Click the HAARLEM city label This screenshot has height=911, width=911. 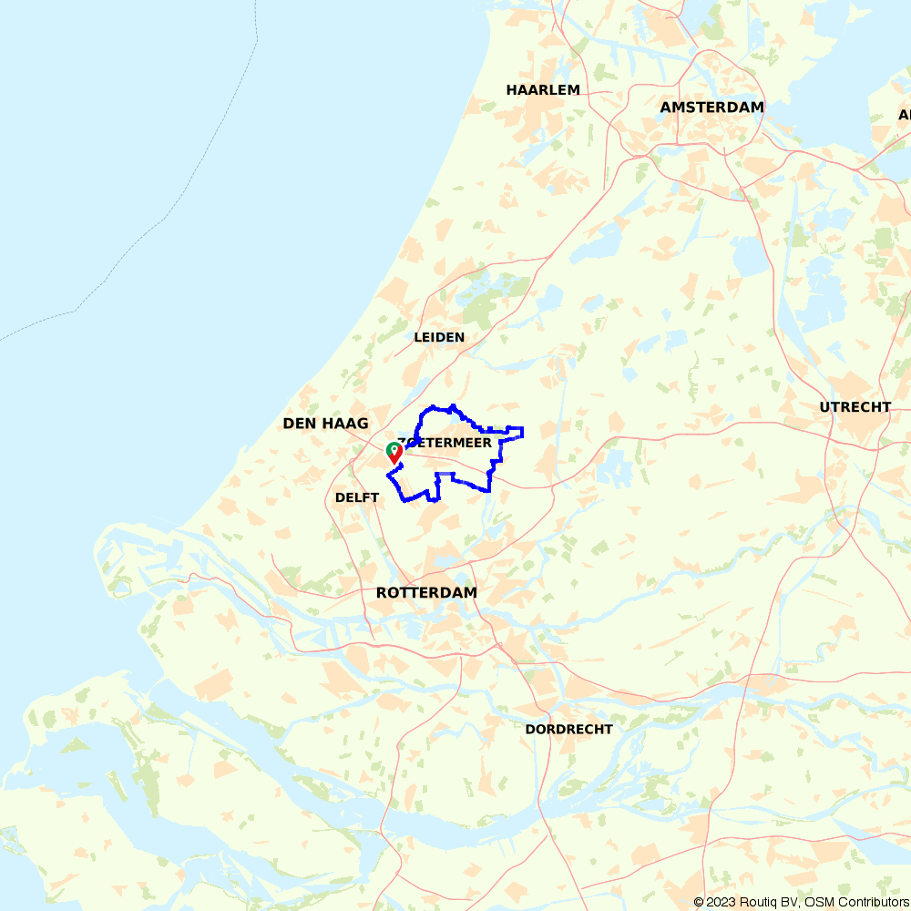[543, 90]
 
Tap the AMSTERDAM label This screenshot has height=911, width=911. [711, 107]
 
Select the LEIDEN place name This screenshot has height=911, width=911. [439, 337]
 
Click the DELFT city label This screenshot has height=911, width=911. [357, 497]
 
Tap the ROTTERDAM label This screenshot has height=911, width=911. [426, 593]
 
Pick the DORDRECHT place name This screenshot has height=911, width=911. [568, 730]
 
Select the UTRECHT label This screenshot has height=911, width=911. [855, 407]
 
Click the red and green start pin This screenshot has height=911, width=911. [394, 452]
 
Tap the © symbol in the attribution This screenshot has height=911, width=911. [699, 902]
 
